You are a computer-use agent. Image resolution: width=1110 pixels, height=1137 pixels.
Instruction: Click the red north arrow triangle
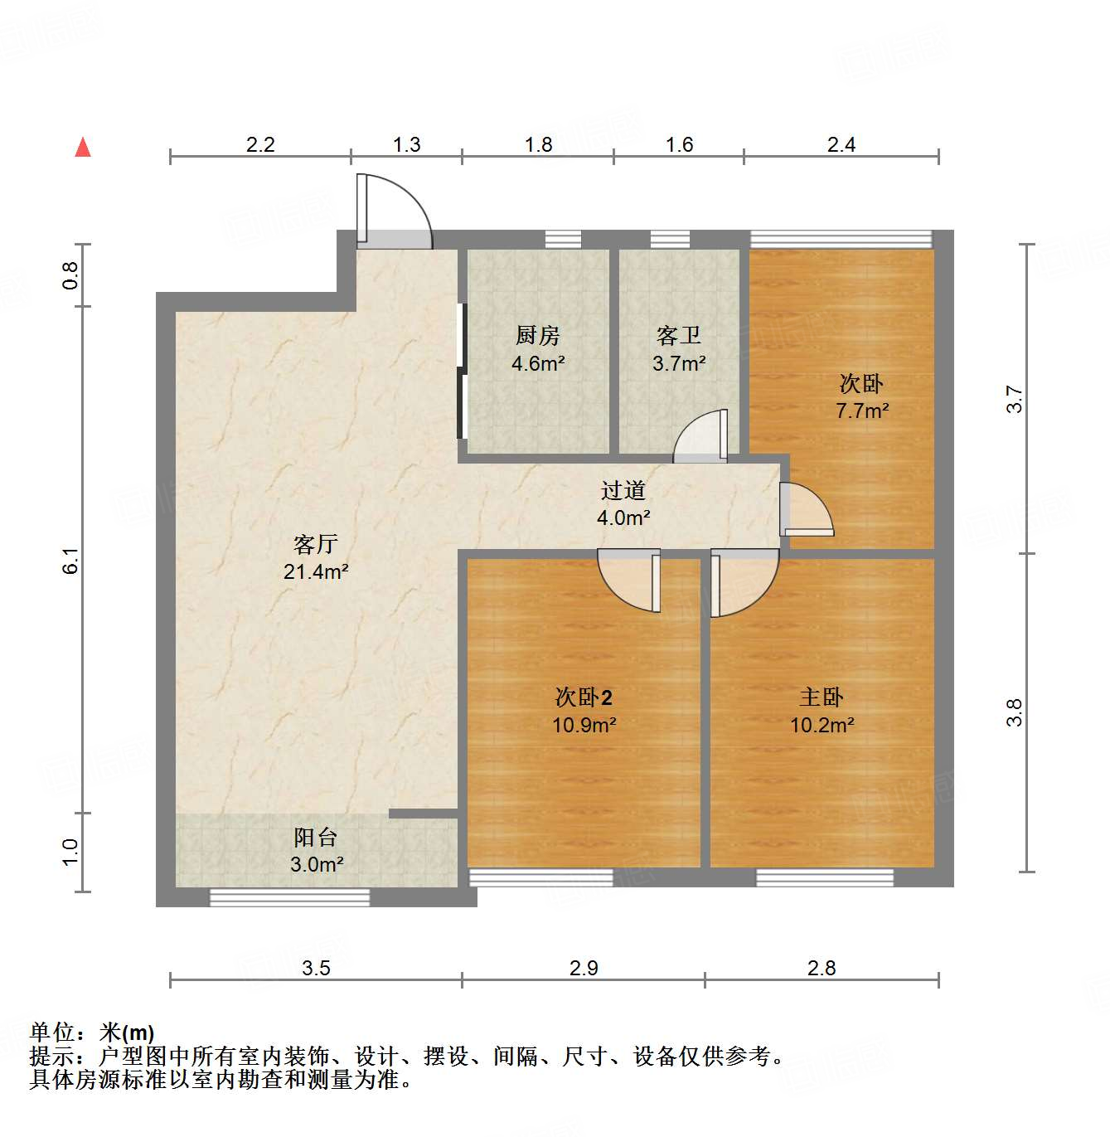click(x=83, y=148)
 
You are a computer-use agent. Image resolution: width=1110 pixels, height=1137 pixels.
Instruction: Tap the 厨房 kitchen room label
click(x=538, y=336)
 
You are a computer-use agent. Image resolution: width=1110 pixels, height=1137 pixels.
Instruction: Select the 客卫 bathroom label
click(x=679, y=336)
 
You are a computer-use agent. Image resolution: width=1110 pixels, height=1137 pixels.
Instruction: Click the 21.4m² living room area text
click(x=316, y=571)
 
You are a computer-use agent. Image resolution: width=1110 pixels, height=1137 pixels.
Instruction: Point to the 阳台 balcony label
click(x=316, y=838)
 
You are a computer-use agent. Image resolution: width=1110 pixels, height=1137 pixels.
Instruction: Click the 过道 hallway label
click(x=623, y=491)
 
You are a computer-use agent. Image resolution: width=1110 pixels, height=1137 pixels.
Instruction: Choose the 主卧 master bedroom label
click(x=822, y=697)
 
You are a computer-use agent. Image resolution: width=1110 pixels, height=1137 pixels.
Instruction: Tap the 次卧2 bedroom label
click(x=584, y=697)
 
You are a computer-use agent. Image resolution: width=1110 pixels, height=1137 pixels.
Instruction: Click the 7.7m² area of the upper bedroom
click(x=862, y=411)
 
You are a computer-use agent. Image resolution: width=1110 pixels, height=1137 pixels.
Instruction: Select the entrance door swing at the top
click(x=394, y=211)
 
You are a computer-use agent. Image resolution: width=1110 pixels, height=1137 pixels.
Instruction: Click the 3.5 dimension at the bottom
click(x=316, y=968)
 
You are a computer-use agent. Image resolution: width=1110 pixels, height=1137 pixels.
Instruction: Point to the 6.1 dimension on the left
click(x=71, y=561)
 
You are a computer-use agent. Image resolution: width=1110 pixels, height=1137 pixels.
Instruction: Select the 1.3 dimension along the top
click(x=406, y=145)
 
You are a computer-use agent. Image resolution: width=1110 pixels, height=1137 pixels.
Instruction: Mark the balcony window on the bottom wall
click(x=289, y=896)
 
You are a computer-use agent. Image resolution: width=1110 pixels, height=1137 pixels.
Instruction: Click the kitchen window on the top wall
click(x=563, y=240)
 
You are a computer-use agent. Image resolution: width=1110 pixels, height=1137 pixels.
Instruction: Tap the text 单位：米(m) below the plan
click(x=92, y=1033)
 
